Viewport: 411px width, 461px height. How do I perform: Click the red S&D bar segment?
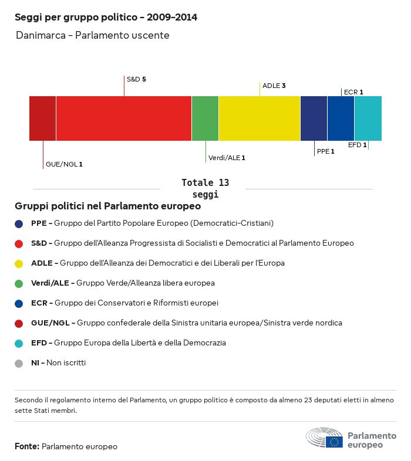[124, 118]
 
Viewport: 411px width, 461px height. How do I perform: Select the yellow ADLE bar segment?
[260, 118]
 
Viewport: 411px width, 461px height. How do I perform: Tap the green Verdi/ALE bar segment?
[205, 118]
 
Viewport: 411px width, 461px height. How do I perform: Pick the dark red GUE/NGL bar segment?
[42, 118]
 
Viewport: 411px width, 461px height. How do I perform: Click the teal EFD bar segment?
[368, 118]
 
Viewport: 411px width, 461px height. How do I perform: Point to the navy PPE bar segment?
[314, 118]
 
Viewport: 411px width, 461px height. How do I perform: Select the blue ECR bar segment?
[341, 118]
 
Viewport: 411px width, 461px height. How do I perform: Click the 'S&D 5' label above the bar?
[136, 79]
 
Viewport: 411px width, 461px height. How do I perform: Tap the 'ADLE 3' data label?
[274, 86]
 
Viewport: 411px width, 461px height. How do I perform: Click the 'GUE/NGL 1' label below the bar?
[64, 164]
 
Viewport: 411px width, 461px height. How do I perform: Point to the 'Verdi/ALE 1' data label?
[227, 158]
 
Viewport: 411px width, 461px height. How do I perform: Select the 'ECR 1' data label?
[353, 92]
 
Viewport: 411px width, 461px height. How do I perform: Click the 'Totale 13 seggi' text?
[205, 188]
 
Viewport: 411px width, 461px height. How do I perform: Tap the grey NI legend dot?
[19, 363]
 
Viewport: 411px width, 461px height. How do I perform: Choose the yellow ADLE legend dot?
[19, 263]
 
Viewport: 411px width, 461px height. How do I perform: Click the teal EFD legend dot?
[19, 343]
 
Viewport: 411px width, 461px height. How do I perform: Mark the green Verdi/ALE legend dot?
[19, 283]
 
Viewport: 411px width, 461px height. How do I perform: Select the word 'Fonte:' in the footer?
[27, 447]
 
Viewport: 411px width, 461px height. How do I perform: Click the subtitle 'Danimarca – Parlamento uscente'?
[93, 36]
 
